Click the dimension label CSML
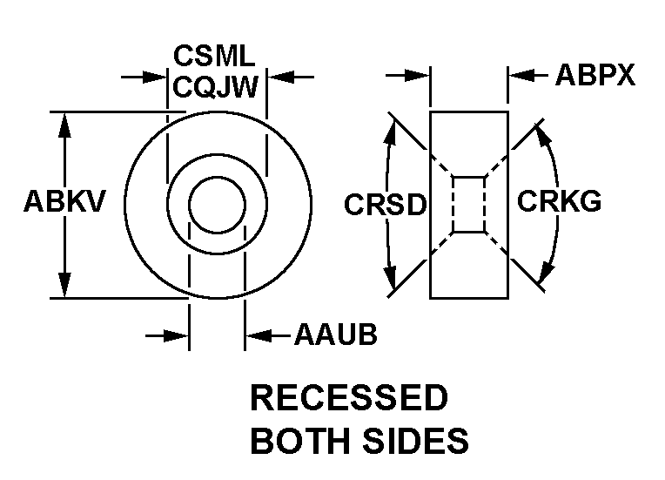[x=214, y=57]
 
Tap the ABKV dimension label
[x=64, y=202]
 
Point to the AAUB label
[x=335, y=335]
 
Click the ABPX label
[x=595, y=77]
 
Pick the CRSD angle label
[x=385, y=206]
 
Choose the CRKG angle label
[x=559, y=202]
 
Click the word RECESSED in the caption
[x=349, y=398]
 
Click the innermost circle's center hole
[x=218, y=206]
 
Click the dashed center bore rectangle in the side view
[x=468, y=205]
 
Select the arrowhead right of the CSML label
[x=278, y=78]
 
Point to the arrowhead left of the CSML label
[x=157, y=78]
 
